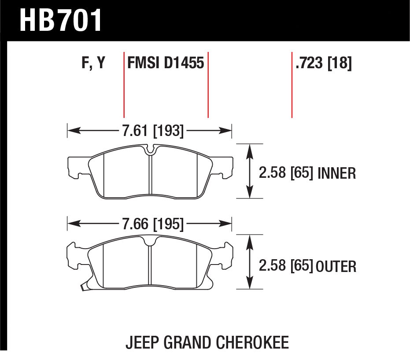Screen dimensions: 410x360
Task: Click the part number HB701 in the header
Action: (61, 20)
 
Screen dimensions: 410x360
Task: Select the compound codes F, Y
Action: (93, 63)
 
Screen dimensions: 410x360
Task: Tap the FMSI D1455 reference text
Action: (166, 63)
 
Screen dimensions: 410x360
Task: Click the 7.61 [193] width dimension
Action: (153, 131)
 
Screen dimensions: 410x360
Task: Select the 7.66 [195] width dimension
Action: (153, 224)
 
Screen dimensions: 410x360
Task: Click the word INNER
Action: (336, 173)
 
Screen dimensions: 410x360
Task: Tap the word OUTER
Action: (336, 266)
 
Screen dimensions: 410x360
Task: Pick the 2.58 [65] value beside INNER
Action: (286, 173)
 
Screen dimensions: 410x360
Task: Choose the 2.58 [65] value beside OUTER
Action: (286, 266)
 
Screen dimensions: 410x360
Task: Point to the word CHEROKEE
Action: (253, 342)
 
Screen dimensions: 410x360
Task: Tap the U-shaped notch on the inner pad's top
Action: (150, 150)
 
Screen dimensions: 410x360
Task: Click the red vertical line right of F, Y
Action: (124, 85)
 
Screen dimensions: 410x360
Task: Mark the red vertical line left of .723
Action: (292, 85)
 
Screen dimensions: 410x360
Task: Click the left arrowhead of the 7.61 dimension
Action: (74, 130)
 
